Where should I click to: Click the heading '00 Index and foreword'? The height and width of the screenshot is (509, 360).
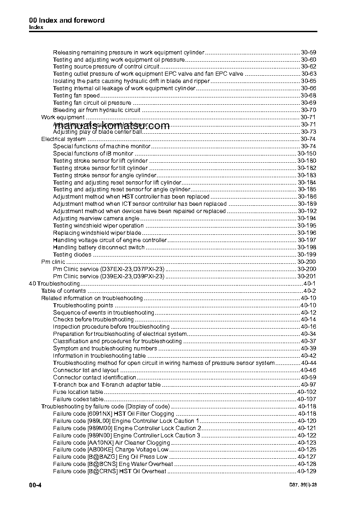[x=67, y=20]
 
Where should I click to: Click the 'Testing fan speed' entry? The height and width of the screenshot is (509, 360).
[x=76, y=96]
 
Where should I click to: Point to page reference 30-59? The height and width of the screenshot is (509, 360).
[x=308, y=52]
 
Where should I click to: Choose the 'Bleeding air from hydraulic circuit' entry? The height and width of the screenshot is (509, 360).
[x=97, y=110]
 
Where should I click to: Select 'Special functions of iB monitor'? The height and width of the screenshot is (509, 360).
[x=93, y=154]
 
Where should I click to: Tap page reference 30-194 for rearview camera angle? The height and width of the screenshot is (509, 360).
[x=306, y=218]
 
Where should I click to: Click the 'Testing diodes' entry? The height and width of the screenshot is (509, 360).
[x=72, y=255]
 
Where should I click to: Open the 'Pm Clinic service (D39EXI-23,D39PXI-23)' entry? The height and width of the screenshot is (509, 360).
[x=108, y=276]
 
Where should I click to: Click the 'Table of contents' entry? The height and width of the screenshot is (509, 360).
[x=63, y=291]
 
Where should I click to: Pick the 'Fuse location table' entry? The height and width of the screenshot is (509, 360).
[x=78, y=392]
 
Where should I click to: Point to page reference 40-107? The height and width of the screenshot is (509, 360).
[x=306, y=399]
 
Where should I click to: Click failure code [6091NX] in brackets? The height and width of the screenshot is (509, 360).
[x=99, y=414]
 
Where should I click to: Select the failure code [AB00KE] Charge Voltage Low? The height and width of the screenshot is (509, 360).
[x=111, y=450]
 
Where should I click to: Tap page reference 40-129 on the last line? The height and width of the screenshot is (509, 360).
[x=306, y=471]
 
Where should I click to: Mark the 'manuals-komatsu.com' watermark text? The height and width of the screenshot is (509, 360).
[x=112, y=126]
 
